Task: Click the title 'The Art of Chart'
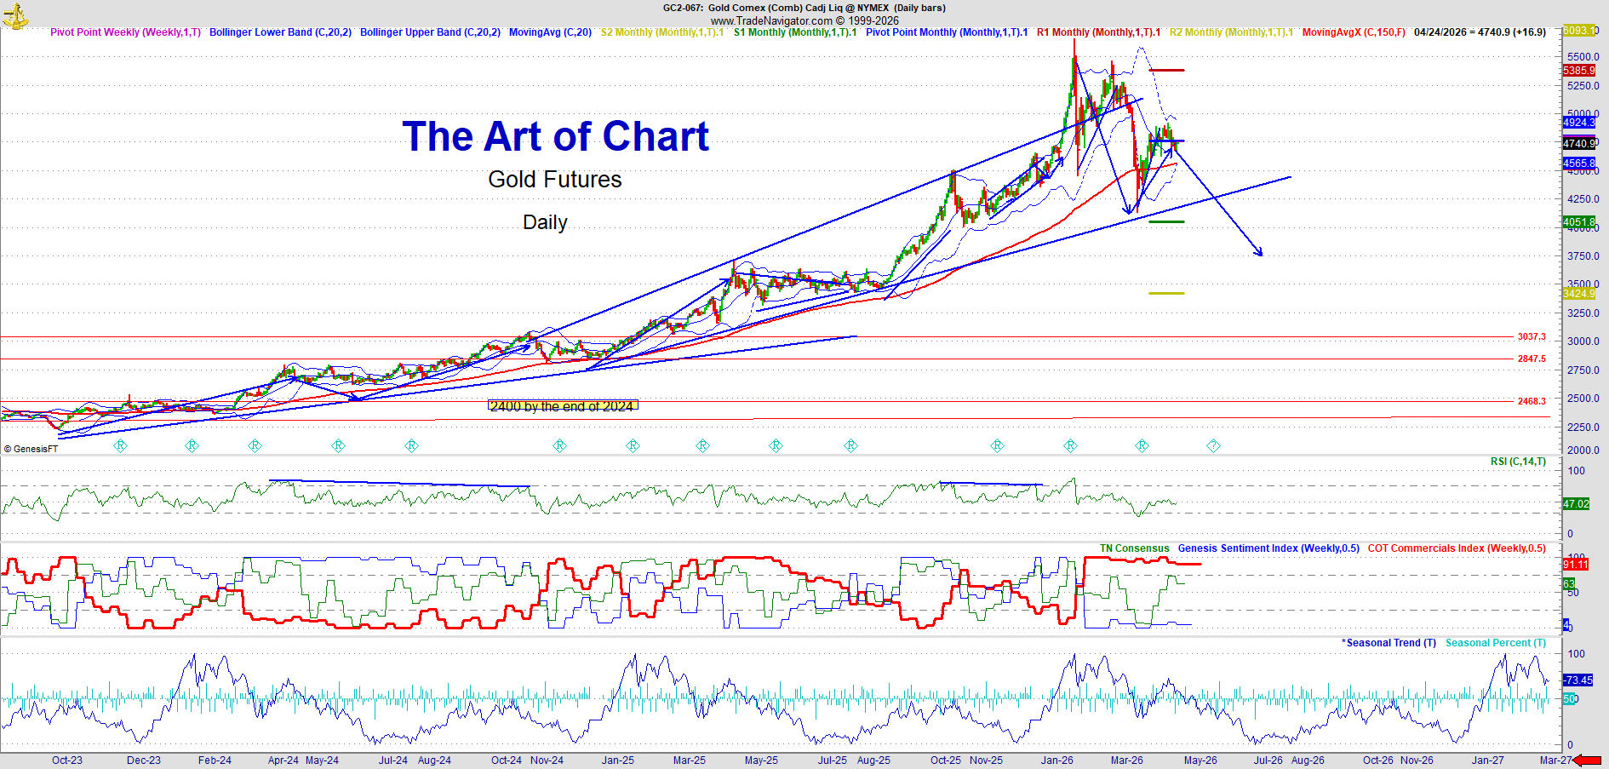pos(555,137)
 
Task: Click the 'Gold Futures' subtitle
pos(554,180)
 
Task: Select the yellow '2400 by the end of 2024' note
pos(562,406)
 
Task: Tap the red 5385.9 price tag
pos(1578,71)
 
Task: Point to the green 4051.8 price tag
pos(1578,222)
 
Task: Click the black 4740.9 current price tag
pos(1579,144)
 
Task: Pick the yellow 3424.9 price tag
pos(1578,294)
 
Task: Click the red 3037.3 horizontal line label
pos(1531,337)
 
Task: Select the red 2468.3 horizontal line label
pos(1531,401)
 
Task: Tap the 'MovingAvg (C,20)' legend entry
pos(550,32)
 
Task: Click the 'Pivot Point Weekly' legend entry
pos(125,32)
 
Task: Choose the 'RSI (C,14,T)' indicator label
pos(1518,462)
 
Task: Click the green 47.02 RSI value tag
pos(1576,504)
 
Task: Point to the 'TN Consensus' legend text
pos(1134,548)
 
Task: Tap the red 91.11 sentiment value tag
pos(1575,565)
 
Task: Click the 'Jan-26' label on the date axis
pos(1056,760)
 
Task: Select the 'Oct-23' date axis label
pos(67,760)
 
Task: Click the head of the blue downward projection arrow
pos(1260,253)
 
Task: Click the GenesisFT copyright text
pos(31,449)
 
